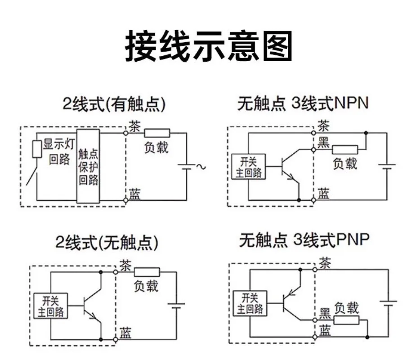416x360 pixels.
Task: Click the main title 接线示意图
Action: (209, 46)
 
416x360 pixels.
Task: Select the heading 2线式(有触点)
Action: (114, 103)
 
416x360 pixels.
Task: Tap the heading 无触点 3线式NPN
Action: (303, 103)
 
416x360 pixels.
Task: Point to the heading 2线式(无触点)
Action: (107, 242)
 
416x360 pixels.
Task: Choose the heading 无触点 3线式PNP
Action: (304, 240)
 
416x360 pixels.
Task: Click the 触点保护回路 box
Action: (88, 166)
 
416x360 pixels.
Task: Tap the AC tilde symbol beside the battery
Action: (201, 166)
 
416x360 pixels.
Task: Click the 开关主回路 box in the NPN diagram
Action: (249, 166)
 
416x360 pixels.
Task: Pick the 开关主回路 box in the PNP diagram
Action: (250, 303)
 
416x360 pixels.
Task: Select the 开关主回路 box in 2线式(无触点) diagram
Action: (51, 306)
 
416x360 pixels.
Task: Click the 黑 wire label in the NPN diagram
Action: (324, 142)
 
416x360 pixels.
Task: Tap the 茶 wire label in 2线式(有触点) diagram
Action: (135, 126)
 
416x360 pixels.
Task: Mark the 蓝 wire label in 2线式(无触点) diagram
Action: (125, 333)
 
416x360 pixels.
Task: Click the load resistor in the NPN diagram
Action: (345, 150)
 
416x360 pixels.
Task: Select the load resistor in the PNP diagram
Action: (346, 320)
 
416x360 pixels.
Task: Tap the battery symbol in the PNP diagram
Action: (388, 303)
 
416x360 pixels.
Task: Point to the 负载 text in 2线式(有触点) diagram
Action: (156, 147)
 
